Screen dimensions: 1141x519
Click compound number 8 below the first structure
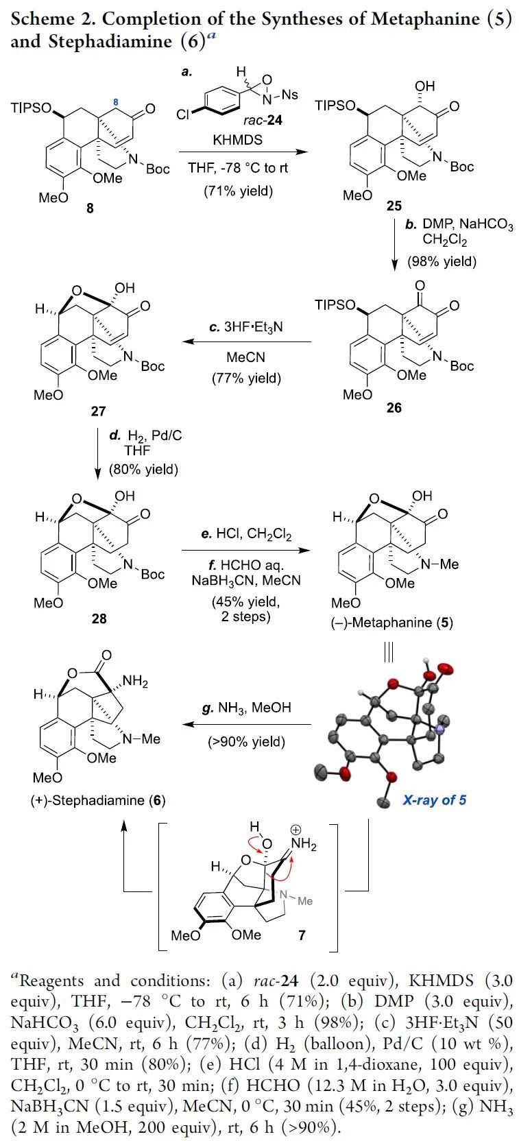click(90, 208)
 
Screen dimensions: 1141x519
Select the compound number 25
click(394, 206)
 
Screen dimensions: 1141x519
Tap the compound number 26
click(394, 408)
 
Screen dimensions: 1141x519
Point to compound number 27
click(98, 411)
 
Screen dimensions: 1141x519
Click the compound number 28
click(99, 618)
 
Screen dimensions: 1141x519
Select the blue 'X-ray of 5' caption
click(435, 800)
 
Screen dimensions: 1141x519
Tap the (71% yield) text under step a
click(238, 191)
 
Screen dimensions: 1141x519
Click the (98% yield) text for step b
click(442, 261)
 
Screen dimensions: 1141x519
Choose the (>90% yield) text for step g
click(246, 742)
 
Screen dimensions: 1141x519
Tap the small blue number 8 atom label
click(116, 102)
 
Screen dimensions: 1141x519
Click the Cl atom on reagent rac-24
click(183, 115)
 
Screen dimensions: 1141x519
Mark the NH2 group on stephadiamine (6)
click(134, 682)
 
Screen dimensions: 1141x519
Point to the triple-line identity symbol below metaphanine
click(389, 653)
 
